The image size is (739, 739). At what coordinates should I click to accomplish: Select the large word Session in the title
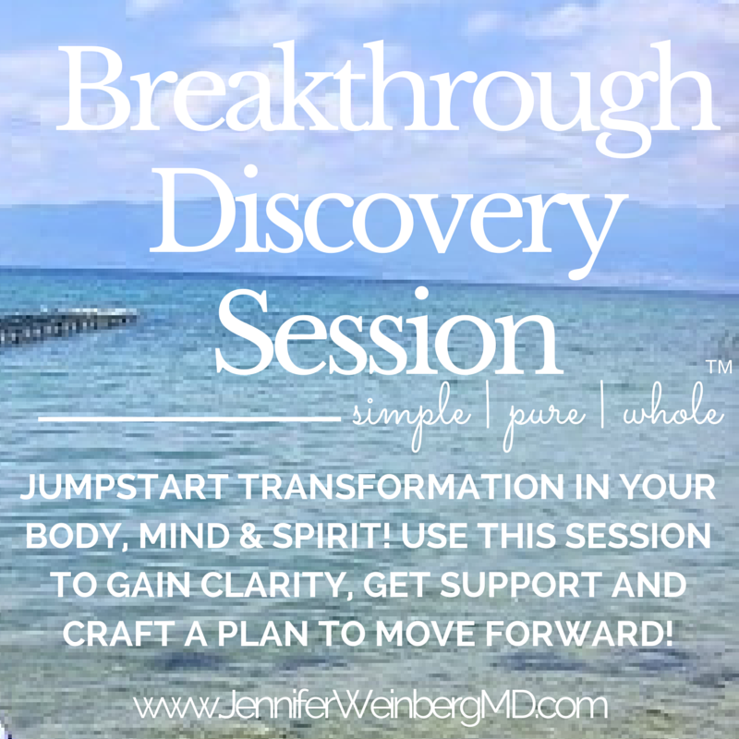coord(390,331)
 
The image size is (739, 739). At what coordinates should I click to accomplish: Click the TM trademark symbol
coord(720,367)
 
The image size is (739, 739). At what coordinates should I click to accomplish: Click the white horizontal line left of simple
coord(189,418)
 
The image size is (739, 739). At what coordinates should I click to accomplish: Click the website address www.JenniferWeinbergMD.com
coord(370,706)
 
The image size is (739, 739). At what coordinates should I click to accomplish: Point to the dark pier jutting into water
coord(66,324)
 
